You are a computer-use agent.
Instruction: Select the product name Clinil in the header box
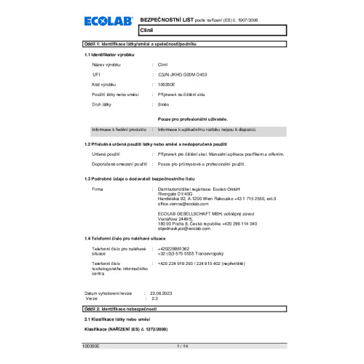[x=145, y=31]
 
